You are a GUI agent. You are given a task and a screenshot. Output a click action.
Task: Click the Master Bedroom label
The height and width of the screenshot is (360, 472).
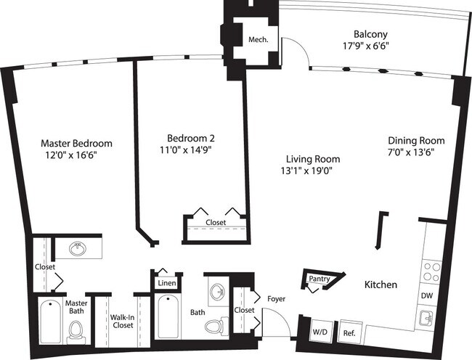[x=76, y=143]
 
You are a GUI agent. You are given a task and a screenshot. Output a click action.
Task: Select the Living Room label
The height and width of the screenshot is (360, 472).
[x=312, y=159]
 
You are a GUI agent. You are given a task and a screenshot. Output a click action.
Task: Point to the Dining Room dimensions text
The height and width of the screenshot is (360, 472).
[x=416, y=152]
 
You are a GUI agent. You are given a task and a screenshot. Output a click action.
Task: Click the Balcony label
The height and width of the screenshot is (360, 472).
[x=370, y=34]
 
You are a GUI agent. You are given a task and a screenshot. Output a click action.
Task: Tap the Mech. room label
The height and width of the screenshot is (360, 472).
[x=259, y=40]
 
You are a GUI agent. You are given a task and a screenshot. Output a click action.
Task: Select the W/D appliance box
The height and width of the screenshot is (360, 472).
[x=320, y=332]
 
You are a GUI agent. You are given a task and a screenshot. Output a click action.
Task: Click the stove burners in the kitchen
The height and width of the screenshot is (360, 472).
[x=431, y=271]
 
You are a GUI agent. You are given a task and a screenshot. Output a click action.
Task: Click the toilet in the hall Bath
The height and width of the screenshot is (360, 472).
[x=214, y=327]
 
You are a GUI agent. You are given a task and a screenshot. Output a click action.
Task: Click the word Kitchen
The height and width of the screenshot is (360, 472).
[x=380, y=285]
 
